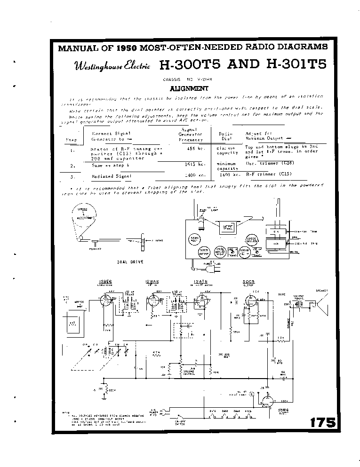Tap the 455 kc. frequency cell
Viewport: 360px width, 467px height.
[x=196, y=148]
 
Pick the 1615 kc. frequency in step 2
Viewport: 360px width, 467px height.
[x=196, y=165]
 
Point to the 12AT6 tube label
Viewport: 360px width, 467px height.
[x=199, y=282]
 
